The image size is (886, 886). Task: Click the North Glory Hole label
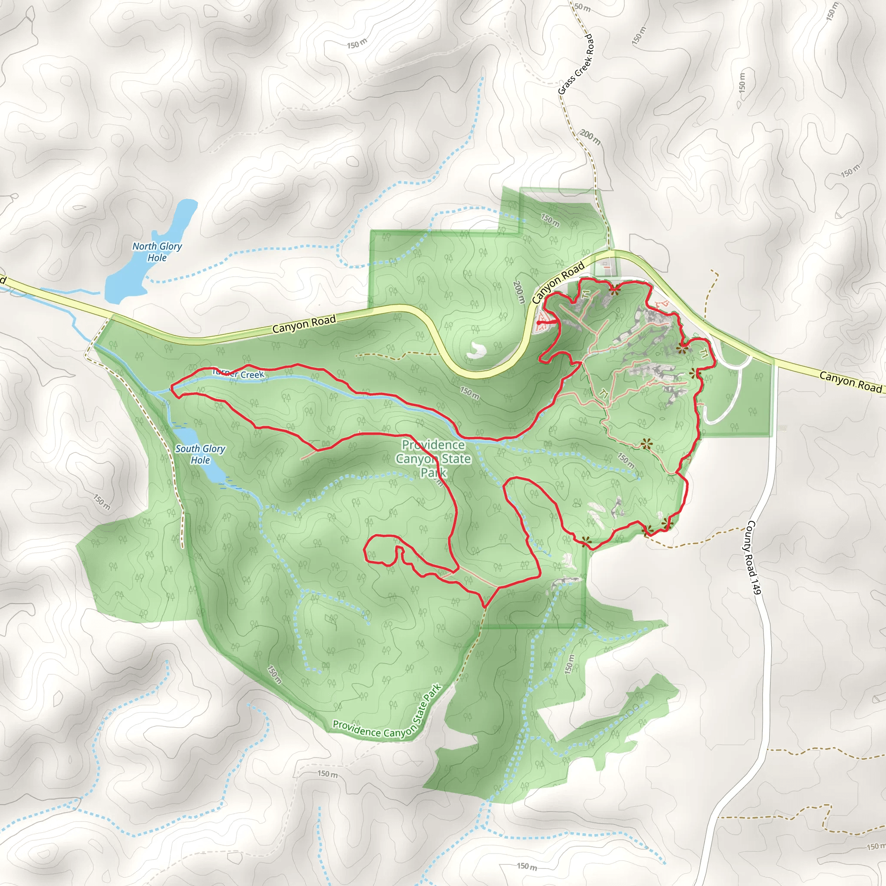point(157,252)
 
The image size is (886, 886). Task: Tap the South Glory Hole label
point(200,454)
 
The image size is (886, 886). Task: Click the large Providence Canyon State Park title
point(433,458)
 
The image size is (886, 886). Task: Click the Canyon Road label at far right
point(851,382)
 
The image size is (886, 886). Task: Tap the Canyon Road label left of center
point(304,324)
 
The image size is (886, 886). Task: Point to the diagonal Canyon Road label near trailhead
point(558,283)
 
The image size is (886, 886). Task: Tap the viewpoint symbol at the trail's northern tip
point(613,289)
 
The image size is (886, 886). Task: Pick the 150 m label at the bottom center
point(526,866)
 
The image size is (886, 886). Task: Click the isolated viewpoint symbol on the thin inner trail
point(647,443)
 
